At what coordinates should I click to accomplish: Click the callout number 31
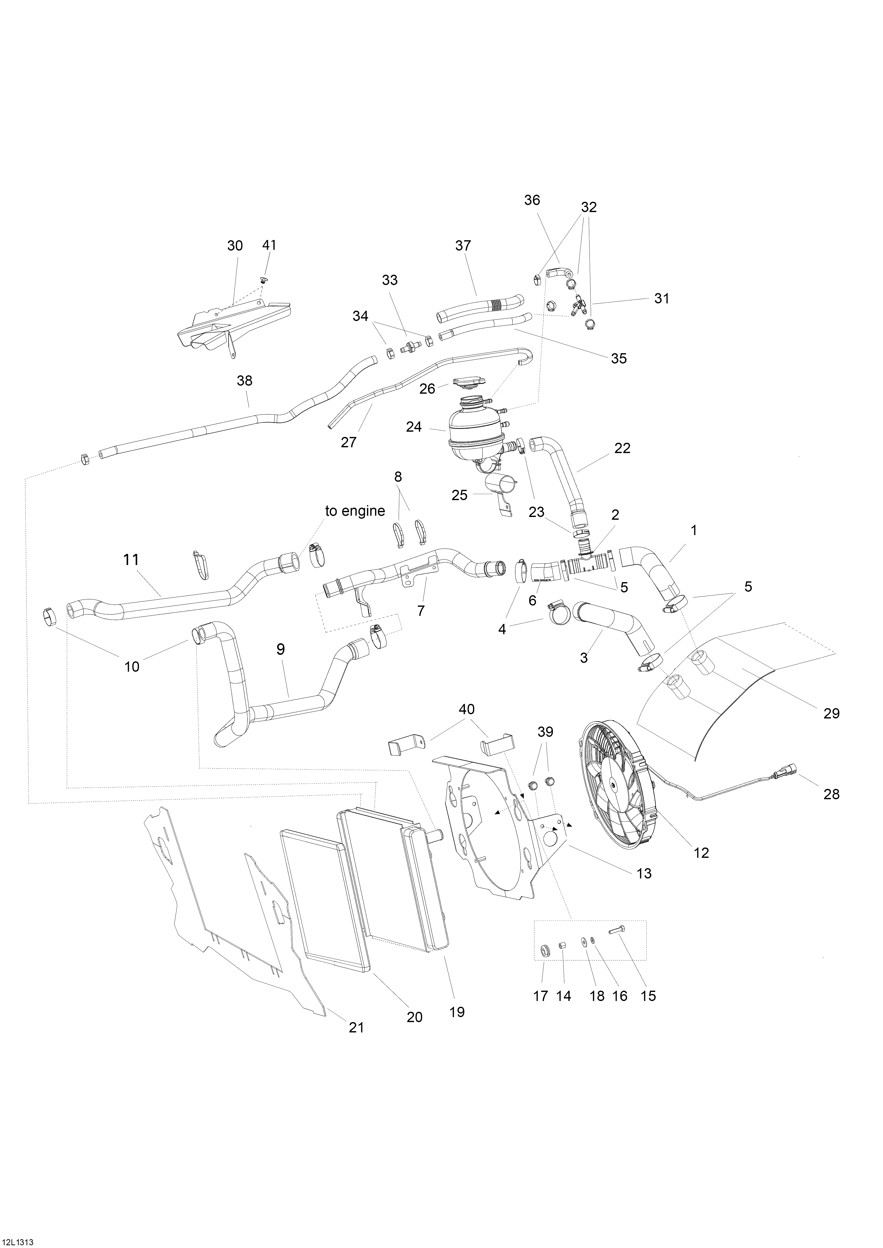point(662,298)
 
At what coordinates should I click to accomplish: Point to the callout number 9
point(281,649)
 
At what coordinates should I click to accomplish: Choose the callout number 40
point(466,709)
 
